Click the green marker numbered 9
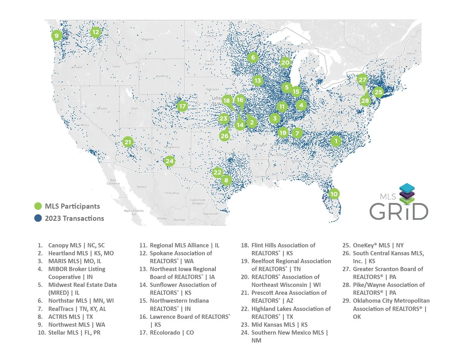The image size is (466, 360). (57, 35)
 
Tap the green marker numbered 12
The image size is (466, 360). (96, 32)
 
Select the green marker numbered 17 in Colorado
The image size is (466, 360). (182, 106)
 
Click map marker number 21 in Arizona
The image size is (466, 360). (128, 142)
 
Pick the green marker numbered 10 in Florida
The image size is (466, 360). (334, 194)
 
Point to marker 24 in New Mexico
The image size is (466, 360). (169, 161)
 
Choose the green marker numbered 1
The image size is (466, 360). (336, 141)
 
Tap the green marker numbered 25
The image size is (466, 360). (378, 92)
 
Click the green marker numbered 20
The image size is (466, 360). (285, 62)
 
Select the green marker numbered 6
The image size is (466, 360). (253, 57)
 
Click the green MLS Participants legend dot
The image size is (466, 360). (38, 206)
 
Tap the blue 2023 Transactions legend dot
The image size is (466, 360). (38, 218)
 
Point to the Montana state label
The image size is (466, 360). (147, 39)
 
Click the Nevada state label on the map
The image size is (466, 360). (102, 109)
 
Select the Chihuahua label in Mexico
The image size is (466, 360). (171, 193)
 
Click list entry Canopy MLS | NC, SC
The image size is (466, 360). (76, 245)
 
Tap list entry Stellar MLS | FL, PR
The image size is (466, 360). (74, 333)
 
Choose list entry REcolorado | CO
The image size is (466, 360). (171, 333)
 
